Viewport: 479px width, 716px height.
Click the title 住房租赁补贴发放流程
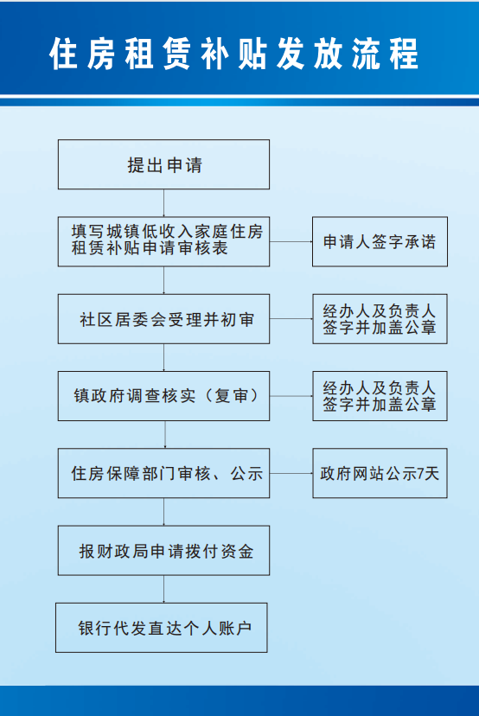[233, 54]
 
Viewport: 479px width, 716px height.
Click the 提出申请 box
[163, 164]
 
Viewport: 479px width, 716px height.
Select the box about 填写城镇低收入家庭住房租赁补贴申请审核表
[163, 241]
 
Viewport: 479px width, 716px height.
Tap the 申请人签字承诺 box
[380, 241]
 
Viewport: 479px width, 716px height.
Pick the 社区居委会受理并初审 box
[163, 319]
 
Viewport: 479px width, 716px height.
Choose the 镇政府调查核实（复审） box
[163, 396]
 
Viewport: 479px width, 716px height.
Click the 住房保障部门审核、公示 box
[163, 473]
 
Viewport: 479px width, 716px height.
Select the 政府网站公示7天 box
[380, 473]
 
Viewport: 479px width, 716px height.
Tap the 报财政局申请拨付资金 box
[163, 550]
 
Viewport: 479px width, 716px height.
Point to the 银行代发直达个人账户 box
[161, 628]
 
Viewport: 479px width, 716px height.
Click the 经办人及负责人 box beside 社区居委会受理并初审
[380, 319]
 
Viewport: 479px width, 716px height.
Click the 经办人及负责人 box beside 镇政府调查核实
[380, 396]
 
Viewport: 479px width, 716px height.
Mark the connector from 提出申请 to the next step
[164, 202]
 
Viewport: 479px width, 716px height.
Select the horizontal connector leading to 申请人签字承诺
[291, 241]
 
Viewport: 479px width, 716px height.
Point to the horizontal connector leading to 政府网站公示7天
[291, 473]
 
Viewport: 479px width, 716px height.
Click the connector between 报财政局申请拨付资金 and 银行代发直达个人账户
[164, 589]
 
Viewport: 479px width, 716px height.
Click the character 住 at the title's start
[63, 54]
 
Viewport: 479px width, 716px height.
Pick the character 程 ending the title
[404, 54]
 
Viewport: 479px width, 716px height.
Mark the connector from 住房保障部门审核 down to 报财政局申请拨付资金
[164, 511]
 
